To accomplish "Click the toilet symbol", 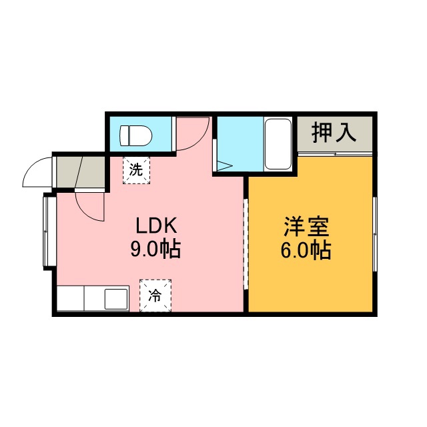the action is [x=136, y=135].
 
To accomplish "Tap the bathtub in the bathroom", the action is [x=278, y=144].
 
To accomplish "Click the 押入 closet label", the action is [x=334, y=132].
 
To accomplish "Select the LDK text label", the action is [x=156, y=226].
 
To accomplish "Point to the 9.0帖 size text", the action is [x=155, y=249].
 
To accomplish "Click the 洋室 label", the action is [x=306, y=227].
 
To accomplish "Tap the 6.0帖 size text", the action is [x=306, y=250].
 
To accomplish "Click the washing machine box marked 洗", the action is [x=136, y=171].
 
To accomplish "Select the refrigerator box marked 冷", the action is [x=155, y=296].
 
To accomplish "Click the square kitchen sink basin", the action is [x=116, y=299].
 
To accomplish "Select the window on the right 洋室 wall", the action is [x=375, y=234].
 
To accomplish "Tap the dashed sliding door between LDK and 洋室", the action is [x=246, y=244].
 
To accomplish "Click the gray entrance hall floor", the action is [x=81, y=172].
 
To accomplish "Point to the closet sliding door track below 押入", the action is [x=335, y=154].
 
